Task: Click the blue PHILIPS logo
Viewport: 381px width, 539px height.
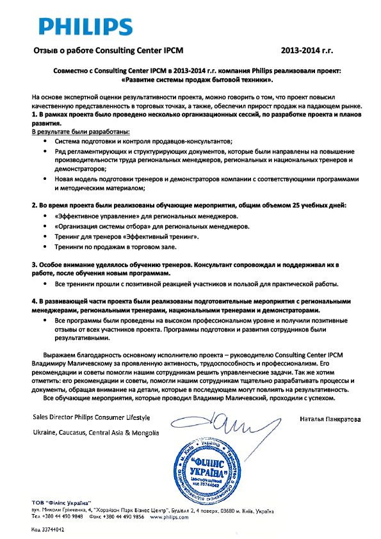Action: pyautogui.click(x=86, y=26)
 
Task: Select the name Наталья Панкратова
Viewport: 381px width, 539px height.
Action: pyautogui.click(x=329, y=419)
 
